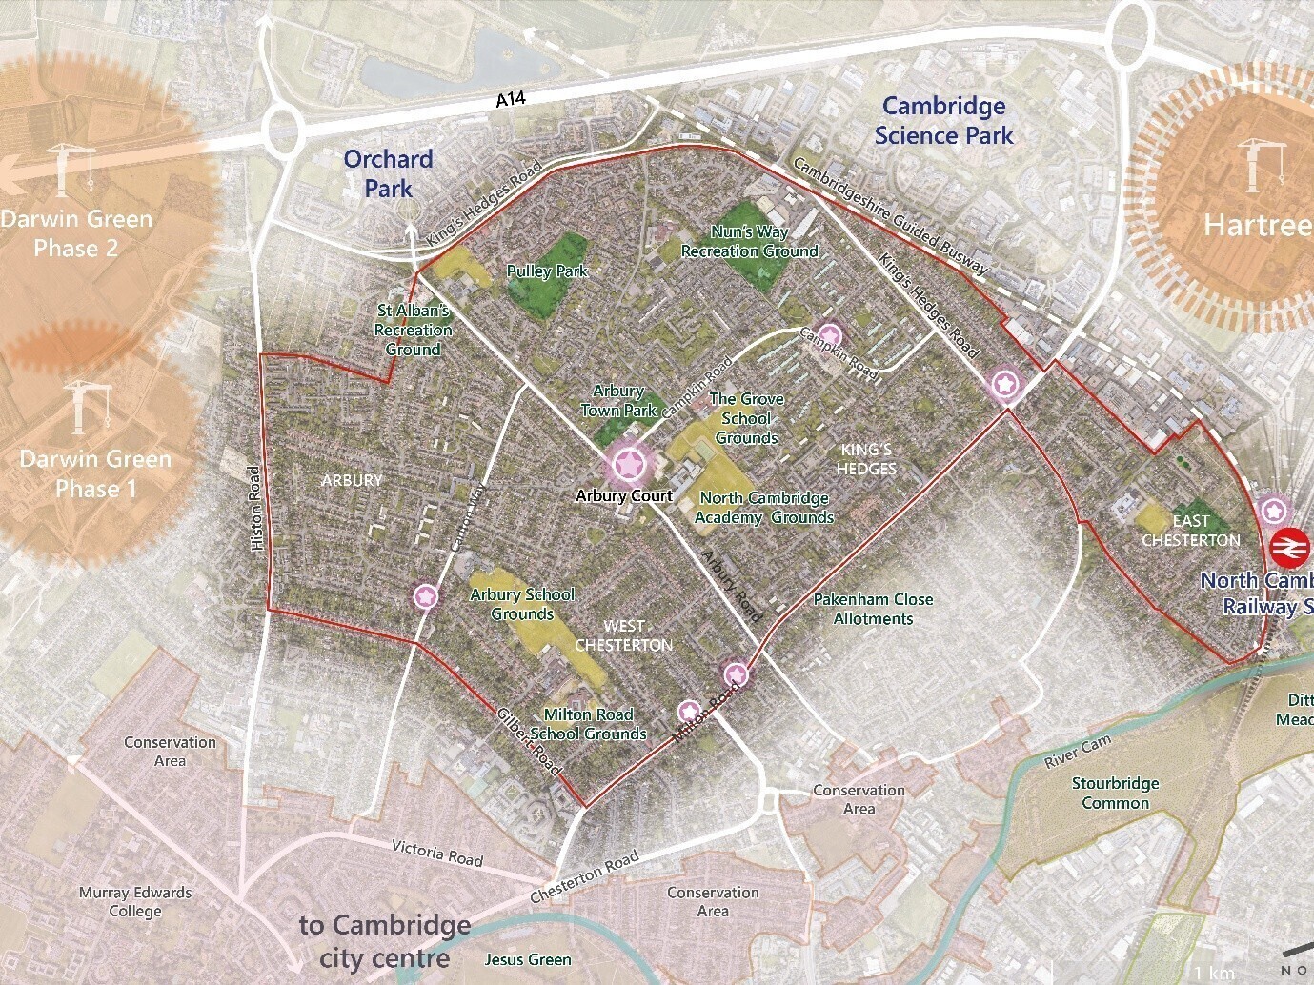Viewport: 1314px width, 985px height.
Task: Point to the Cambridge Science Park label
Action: (943, 121)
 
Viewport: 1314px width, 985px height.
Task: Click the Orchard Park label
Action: (388, 173)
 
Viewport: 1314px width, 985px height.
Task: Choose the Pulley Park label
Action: (547, 271)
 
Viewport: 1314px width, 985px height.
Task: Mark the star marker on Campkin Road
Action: (830, 334)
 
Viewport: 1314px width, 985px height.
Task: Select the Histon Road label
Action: (255, 508)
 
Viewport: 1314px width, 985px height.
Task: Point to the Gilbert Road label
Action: (528, 742)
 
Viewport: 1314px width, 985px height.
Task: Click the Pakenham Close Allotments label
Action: (873, 609)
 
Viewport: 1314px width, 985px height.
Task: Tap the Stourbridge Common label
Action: (1115, 793)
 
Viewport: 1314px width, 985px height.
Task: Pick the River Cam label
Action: (1077, 752)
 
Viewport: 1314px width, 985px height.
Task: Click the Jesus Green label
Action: (528, 959)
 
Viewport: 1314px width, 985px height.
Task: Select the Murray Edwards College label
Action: (135, 902)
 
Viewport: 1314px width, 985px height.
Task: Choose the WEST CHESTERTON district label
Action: (623, 635)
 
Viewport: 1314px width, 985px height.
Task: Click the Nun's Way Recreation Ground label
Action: (749, 242)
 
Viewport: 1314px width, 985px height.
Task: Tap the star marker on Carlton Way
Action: (426, 596)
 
